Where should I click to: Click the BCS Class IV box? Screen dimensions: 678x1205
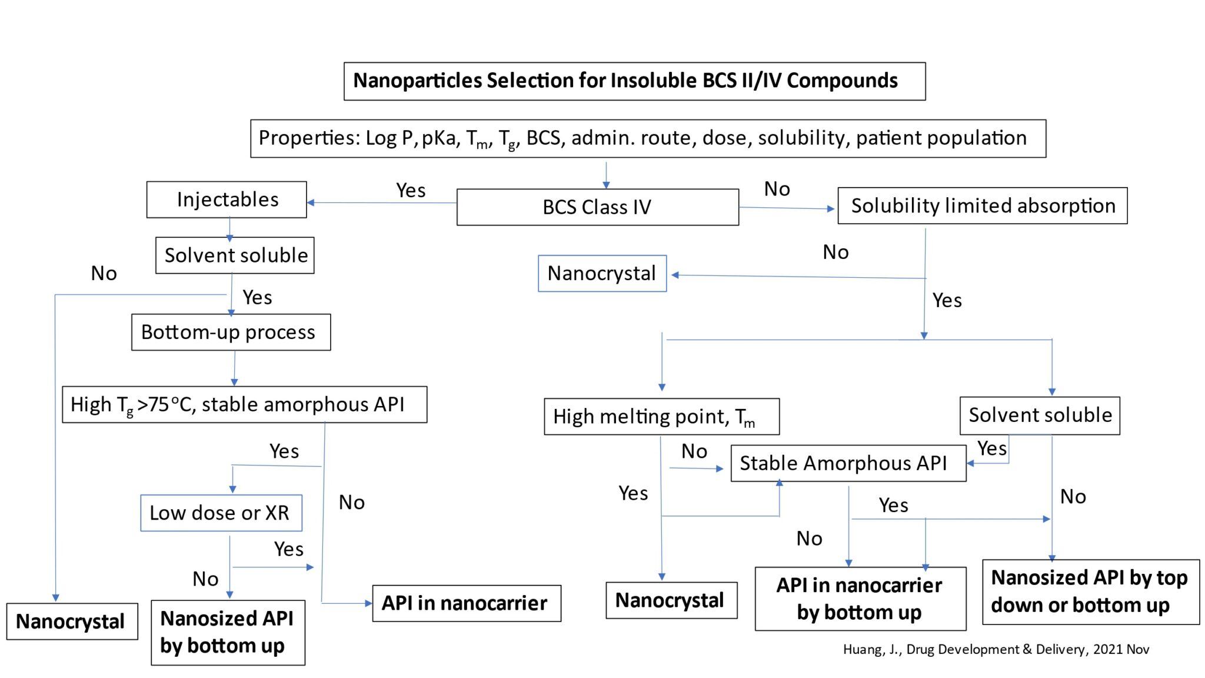(x=597, y=207)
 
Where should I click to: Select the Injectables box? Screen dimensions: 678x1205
(x=227, y=200)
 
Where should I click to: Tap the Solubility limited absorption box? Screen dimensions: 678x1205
(x=982, y=206)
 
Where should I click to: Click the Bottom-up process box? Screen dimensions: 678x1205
(x=231, y=333)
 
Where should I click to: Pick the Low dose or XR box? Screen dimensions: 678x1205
(x=221, y=513)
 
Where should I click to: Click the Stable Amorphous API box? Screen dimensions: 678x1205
(x=848, y=463)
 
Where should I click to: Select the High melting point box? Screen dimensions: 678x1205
(x=661, y=417)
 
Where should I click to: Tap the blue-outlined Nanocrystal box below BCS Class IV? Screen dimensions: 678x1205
(x=602, y=274)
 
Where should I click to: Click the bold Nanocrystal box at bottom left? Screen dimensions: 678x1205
(x=72, y=621)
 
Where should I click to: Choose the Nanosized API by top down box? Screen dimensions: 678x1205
(x=1090, y=591)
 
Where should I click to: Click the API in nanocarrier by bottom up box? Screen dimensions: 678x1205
(x=860, y=599)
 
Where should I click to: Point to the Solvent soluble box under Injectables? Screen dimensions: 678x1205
(x=235, y=255)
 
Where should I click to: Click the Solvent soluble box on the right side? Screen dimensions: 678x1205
(x=1040, y=416)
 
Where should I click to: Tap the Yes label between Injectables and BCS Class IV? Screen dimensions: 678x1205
(x=411, y=191)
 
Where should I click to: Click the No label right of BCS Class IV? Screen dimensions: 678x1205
(x=777, y=189)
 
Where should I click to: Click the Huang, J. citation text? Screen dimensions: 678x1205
(x=996, y=649)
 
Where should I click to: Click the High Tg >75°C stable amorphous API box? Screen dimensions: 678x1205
(x=244, y=405)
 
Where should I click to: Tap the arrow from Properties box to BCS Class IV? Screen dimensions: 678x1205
(x=606, y=174)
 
